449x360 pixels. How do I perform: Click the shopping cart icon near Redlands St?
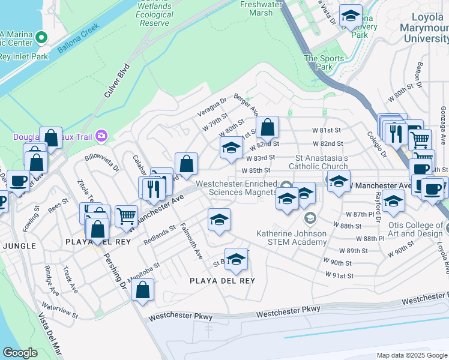(x=126, y=215)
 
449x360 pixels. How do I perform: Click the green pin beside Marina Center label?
(x=41, y=38)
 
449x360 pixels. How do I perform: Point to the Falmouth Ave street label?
(x=193, y=245)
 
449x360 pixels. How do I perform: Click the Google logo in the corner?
(x=20, y=353)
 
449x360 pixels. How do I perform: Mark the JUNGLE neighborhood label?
(x=19, y=246)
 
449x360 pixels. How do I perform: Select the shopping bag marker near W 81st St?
(x=267, y=127)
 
